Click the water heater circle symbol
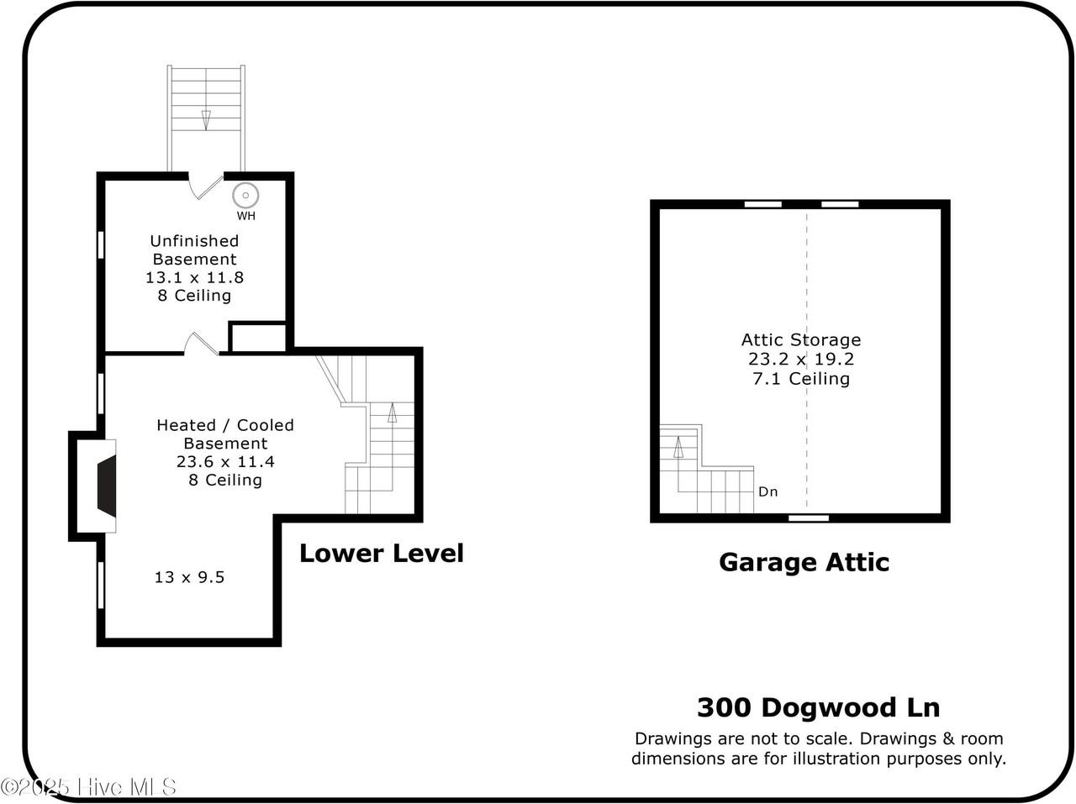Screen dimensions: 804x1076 pyautogui.click(x=245, y=196)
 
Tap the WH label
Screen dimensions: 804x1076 pyautogui.click(x=245, y=216)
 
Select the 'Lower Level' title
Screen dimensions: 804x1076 pyautogui.click(x=381, y=553)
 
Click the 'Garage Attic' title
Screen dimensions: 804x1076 pyautogui.click(x=804, y=562)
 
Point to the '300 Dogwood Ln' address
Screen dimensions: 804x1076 pyautogui.click(x=818, y=707)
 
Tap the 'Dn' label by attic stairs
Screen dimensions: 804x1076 pyautogui.click(x=767, y=491)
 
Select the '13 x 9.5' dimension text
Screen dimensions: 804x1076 pyautogui.click(x=189, y=577)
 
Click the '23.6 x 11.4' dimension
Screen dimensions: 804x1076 pyautogui.click(x=225, y=461)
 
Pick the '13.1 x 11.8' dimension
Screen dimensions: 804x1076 pyautogui.click(x=194, y=277)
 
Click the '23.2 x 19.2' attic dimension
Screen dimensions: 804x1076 pyautogui.click(x=801, y=359)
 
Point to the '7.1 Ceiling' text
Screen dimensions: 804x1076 pyautogui.click(x=801, y=378)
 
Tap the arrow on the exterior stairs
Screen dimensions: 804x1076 pyautogui.click(x=206, y=119)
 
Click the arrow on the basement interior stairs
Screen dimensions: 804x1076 pyautogui.click(x=392, y=413)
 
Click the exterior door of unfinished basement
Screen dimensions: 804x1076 pyautogui.click(x=204, y=186)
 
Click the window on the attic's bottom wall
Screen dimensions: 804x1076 pyautogui.click(x=809, y=518)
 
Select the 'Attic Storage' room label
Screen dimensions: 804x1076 pyautogui.click(x=801, y=339)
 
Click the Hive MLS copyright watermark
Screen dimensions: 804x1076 pyautogui.click(x=89, y=787)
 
